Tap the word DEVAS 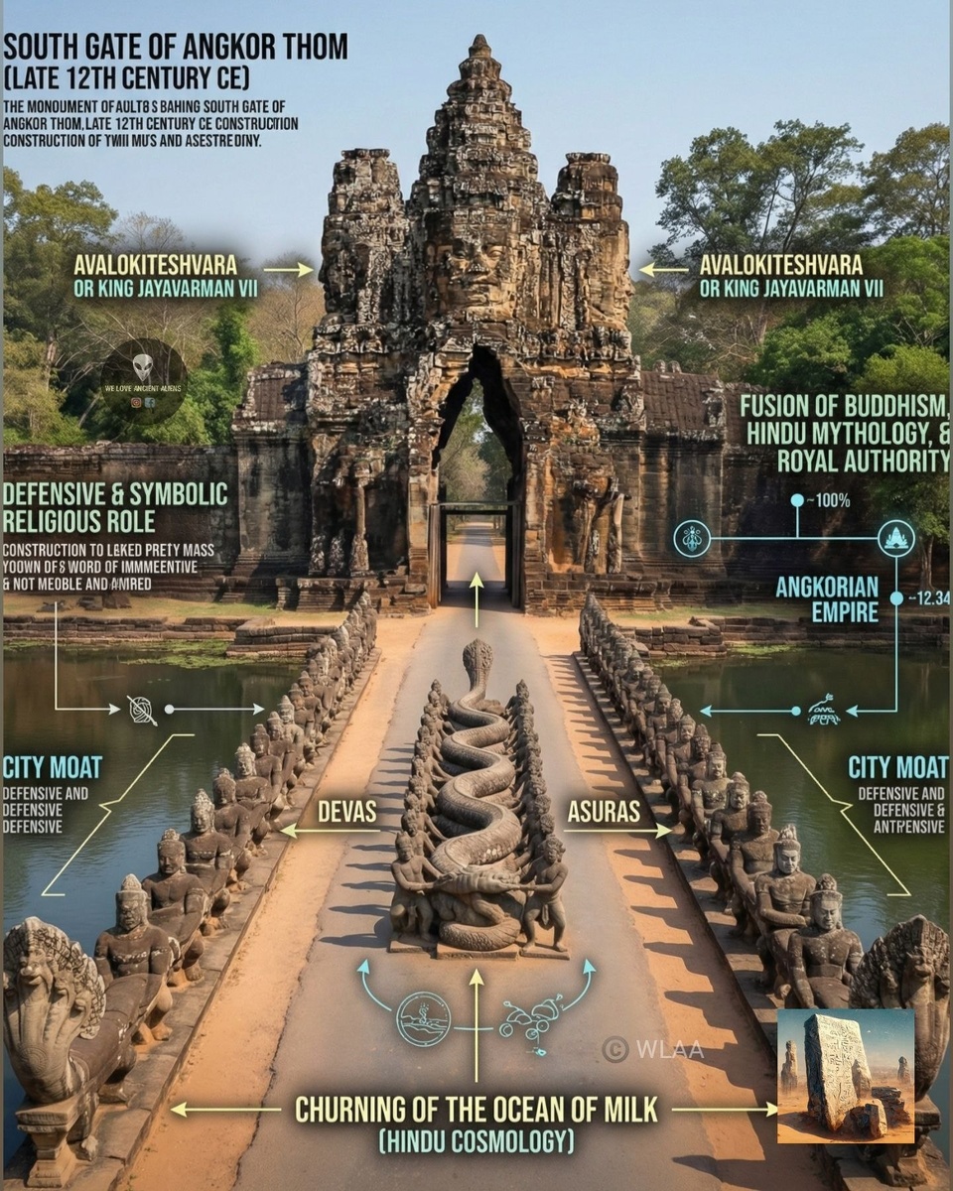point(346,812)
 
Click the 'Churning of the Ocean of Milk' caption point(476,1109)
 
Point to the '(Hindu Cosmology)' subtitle point(476,1142)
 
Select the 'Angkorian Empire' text point(826,598)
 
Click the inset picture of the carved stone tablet point(845,1076)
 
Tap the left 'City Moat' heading point(52,767)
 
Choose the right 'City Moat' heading point(897,767)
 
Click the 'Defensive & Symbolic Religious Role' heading point(115,507)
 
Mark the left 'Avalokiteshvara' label point(156,265)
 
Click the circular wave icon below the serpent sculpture point(424,1019)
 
